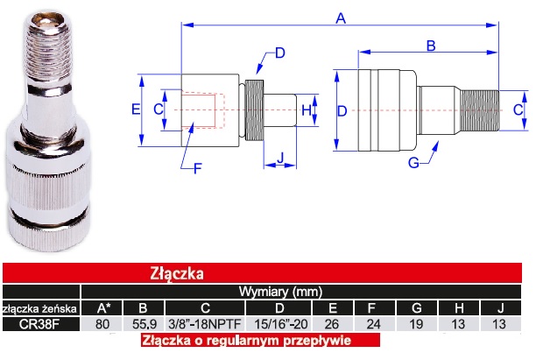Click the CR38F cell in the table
[39, 324]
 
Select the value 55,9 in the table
[145, 324]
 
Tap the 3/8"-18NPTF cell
[205, 324]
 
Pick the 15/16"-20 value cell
[280, 324]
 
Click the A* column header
[103, 308]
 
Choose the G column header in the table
[416, 308]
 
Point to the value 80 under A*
[102, 324]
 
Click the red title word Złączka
[177, 274]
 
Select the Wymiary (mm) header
[280, 292]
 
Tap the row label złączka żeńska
[39, 308]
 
